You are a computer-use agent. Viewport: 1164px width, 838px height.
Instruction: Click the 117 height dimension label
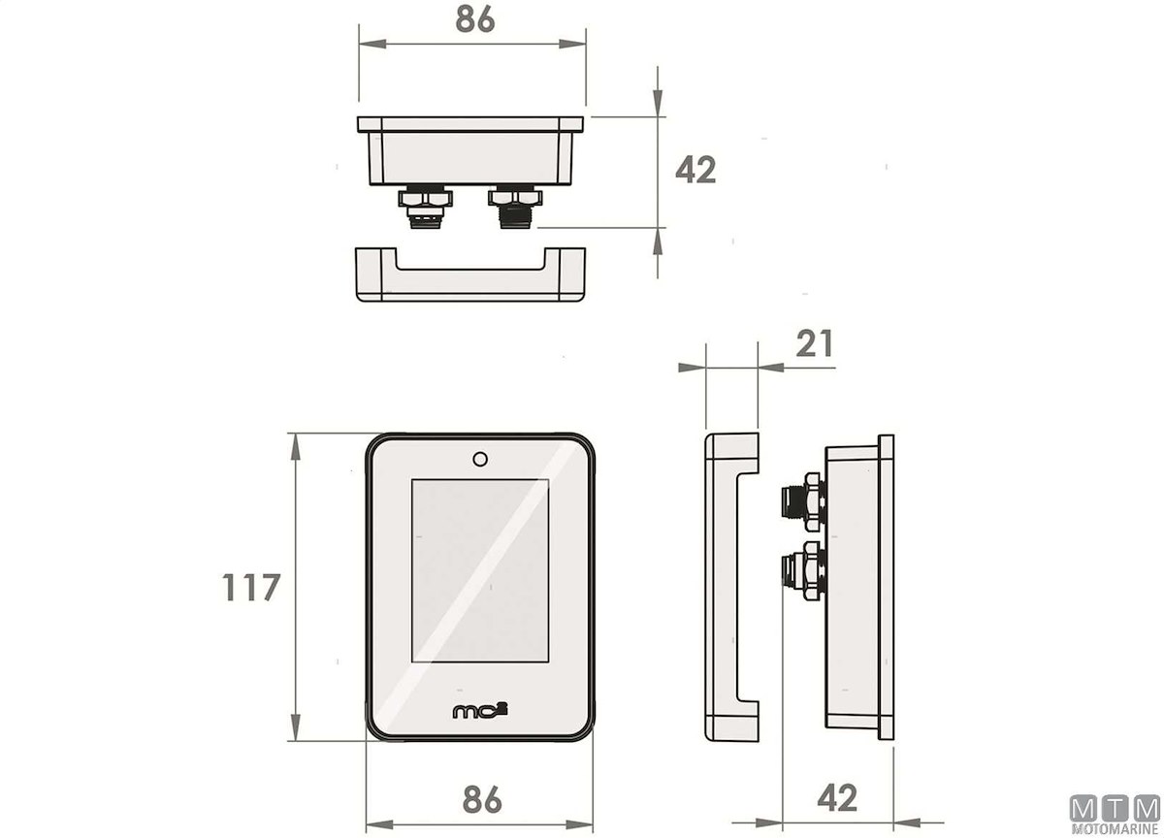(x=251, y=588)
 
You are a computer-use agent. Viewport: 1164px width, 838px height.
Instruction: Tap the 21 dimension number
(x=814, y=343)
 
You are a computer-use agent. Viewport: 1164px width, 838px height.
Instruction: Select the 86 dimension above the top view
(x=475, y=19)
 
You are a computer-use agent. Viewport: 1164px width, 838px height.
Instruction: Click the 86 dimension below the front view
(x=482, y=799)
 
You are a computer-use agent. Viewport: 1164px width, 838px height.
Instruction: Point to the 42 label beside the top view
(x=695, y=170)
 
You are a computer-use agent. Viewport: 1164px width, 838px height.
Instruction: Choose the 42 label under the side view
(x=837, y=798)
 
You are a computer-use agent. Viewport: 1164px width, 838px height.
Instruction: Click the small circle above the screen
(x=480, y=460)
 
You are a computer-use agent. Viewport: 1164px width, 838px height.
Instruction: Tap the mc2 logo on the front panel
(x=480, y=711)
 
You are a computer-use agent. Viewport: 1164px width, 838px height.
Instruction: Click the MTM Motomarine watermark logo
(x=1115, y=816)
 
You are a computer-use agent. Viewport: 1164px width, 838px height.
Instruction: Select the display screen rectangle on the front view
(x=480, y=571)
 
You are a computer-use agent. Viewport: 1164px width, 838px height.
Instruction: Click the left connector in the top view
(x=425, y=207)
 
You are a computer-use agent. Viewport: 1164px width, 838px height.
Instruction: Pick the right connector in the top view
(x=515, y=207)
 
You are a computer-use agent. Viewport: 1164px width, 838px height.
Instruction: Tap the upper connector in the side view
(x=803, y=501)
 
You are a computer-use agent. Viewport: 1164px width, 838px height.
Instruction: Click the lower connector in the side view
(x=803, y=571)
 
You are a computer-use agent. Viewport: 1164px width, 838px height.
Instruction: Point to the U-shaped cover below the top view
(x=470, y=274)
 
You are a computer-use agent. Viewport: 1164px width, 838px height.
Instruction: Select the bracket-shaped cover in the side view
(x=731, y=587)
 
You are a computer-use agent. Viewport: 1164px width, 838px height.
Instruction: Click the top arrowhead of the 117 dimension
(x=295, y=447)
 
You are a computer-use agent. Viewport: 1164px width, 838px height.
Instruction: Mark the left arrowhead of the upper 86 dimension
(x=372, y=44)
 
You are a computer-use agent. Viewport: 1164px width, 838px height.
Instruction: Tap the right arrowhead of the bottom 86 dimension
(x=579, y=825)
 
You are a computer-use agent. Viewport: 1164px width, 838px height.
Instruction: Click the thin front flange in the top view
(x=470, y=124)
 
